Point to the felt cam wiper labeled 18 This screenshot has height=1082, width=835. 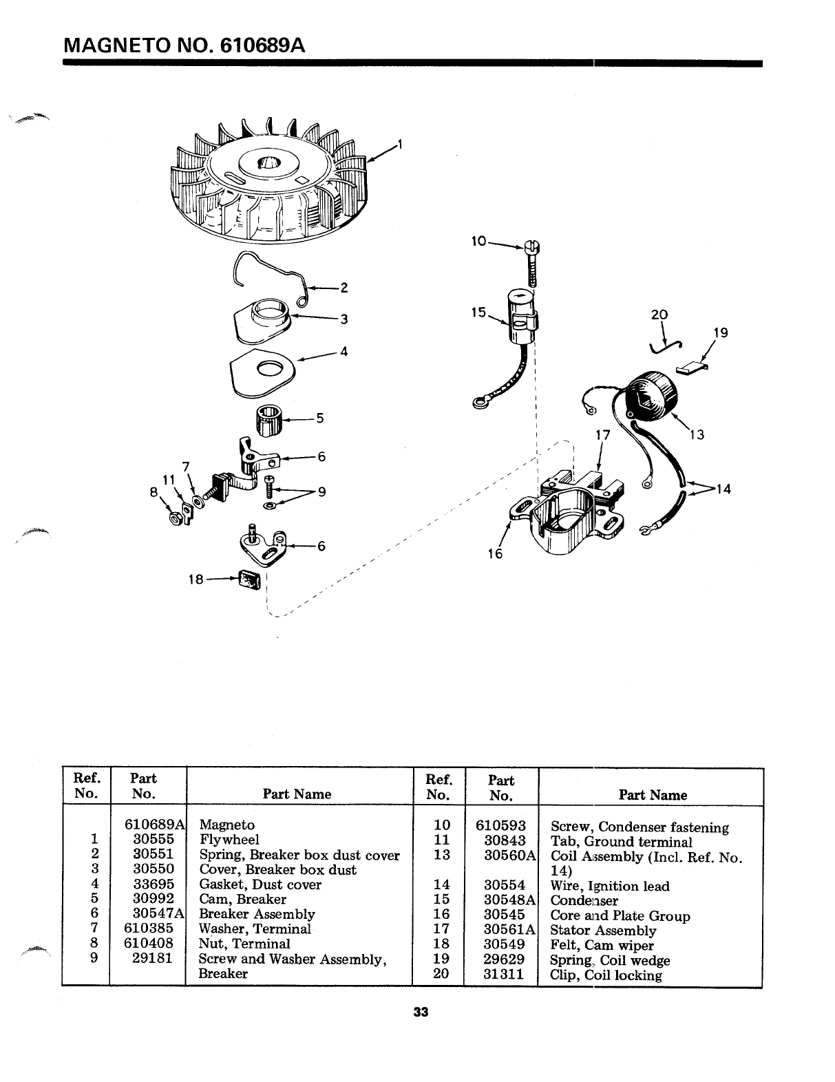click(x=250, y=580)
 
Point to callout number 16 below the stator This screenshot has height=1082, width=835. click(x=495, y=553)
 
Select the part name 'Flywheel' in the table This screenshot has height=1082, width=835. click(x=229, y=840)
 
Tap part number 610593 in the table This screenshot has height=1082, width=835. click(x=501, y=825)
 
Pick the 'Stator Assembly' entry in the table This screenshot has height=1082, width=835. click(x=603, y=931)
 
